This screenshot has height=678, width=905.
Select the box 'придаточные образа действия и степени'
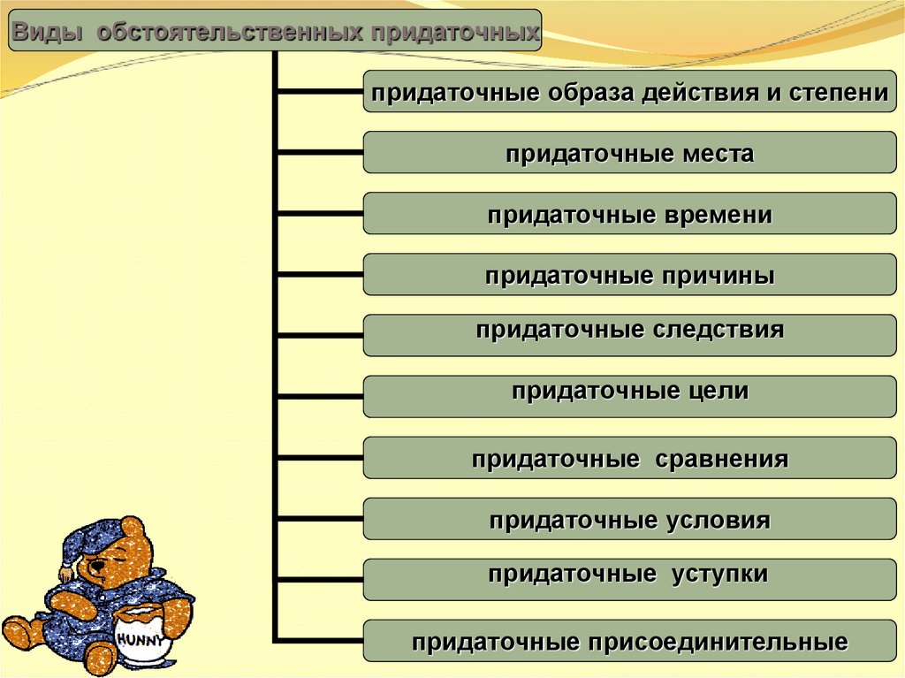(x=629, y=91)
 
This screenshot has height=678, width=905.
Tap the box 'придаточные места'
(x=629, y=153)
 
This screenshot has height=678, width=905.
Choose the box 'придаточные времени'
(x=629, y=214)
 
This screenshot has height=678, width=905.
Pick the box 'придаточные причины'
(x=629, y=275)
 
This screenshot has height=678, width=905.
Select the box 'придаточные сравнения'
(x=629, y=458)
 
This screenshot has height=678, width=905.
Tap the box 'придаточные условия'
(x=629, y=519)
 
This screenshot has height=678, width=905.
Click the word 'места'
(x=718, y=154)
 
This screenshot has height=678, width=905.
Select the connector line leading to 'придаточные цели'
(x=320, y=396)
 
